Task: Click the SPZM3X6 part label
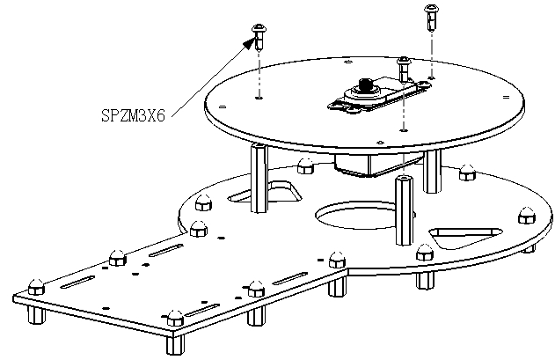(x=133, y=115)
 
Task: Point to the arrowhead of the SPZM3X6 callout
(x=249, y=42)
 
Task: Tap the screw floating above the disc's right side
(x=432, y=17)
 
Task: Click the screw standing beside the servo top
(x=404, y=69)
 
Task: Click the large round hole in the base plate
(x=355, y=215)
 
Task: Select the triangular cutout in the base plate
(x=464, y=237)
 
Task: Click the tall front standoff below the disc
(x=405, y=209)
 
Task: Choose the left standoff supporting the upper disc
(x=259, y=178)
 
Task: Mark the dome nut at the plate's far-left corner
(x=36, y=287)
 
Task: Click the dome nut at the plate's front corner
(x=175, y=318)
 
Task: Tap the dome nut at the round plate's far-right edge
(x=527, y=215)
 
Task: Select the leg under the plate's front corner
(x=175, y=344)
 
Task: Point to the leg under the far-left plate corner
(x=36, y=314)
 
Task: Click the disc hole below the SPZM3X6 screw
(x=259, y=98)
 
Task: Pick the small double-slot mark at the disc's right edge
(x=506, y=97)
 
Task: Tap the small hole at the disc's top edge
(x=348, y=62)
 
